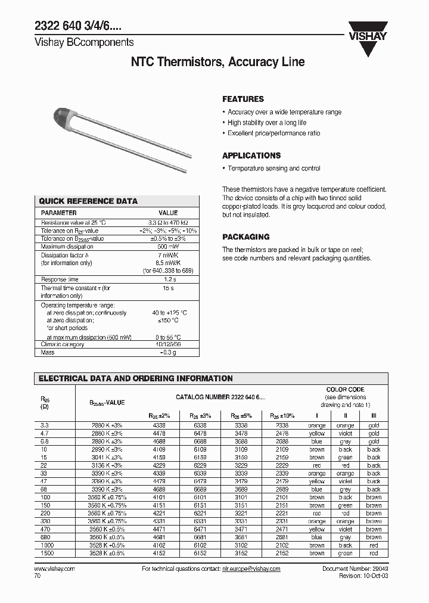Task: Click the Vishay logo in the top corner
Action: pos(368,30)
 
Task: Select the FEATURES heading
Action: pos(243,100)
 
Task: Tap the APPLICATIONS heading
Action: pos(251,156)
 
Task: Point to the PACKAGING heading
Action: pos(245,237)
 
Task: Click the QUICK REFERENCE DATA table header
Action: pos(88,201)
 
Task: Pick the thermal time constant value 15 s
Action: pos(168,288)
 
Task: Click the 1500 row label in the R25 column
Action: pos(46,553)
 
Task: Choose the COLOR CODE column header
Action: pos(345,389)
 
